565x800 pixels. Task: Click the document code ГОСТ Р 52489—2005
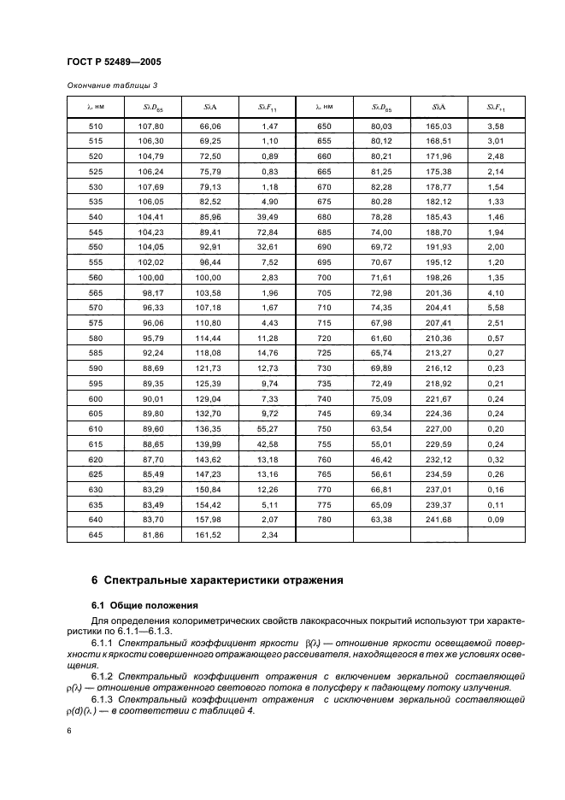click(x=114, y=62)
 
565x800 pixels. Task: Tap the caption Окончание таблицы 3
click(x=112, y=85)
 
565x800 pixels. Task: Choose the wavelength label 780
click(x=323, y=519)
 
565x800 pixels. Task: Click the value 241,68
click(x=438, y=519)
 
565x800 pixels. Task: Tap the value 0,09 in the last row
click(x=496, y=519)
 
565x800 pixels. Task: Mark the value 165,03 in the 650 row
click(x=438, y=126)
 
